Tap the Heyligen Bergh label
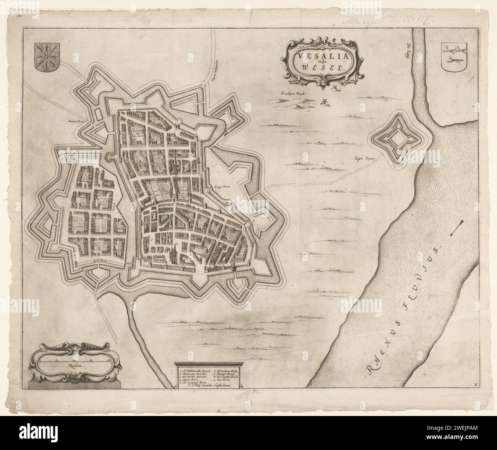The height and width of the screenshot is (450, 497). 292,93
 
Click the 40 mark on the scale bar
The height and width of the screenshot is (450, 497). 109,360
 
